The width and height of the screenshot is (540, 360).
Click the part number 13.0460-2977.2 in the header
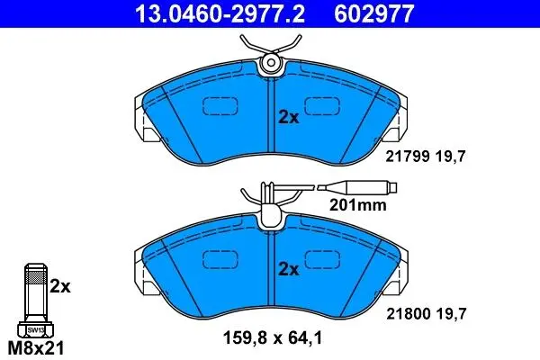tap(220, 13)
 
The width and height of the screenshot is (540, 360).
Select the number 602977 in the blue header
tap(374, 13)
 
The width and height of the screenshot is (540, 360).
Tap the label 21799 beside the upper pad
tap(408, 157)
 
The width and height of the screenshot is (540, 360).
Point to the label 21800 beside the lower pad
tap(408, 314)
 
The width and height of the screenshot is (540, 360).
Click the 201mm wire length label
tap(358, 205)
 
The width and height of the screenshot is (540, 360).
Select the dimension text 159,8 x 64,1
tap(273, 338)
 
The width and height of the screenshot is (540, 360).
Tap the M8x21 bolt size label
tap(36, 348)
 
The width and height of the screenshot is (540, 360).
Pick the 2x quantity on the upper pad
tap(289, 118)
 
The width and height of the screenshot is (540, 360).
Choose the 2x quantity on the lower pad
tap(289, 269)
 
